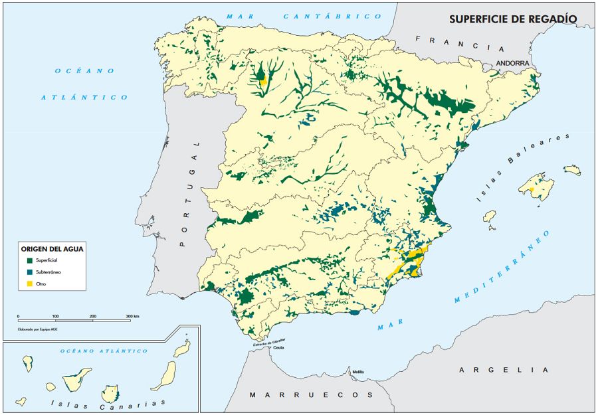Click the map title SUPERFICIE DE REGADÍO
[513, 19]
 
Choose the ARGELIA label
[504, 369]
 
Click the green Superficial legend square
[31, 260]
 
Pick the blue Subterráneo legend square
[31, 272]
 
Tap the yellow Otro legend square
[31, 284]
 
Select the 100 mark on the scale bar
[55, 316]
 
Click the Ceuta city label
[277, 348]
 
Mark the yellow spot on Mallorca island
[532, 190]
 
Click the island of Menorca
[572, 170]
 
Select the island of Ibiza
[490, 216]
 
